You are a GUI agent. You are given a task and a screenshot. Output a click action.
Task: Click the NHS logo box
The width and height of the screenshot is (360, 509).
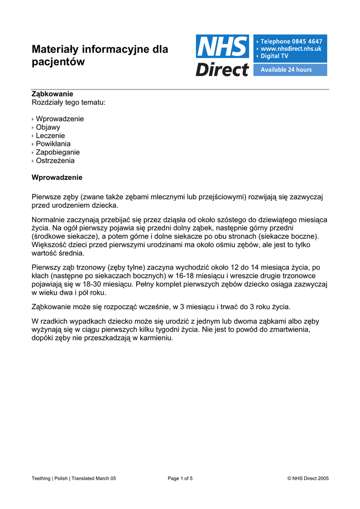click(x=222, y=46)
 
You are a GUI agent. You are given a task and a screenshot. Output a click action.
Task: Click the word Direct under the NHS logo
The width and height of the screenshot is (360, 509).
click(x=222, y=69)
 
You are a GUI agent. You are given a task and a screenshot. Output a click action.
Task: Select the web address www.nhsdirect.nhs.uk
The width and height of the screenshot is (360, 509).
click(x=291, y=49)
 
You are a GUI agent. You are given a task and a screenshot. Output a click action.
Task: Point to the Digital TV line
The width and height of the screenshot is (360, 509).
click(x=275, y=56)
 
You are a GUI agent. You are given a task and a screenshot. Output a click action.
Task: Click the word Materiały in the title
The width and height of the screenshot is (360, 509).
click(x=58, y=49)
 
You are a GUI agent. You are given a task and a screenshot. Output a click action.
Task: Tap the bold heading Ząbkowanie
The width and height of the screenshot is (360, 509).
click(x=52, y=94)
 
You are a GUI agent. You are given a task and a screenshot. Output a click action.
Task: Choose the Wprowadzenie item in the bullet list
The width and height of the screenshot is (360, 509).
click(x=60, y=119)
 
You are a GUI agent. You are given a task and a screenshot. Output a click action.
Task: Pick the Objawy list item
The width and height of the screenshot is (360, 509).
click(x=48, y=127)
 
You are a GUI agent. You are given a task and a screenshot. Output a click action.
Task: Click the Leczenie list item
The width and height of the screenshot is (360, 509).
click(x=50, y=136)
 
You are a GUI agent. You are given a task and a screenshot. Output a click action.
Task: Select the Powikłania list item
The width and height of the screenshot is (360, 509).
click(x=53, y=144)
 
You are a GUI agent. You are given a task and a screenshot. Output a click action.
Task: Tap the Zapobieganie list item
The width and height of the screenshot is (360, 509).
click(x=58, y=152)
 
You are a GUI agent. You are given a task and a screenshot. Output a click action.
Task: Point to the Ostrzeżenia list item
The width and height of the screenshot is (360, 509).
click(x=55, y=161)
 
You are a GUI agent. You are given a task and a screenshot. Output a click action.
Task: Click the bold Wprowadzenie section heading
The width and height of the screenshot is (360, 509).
click(x=57, y=177)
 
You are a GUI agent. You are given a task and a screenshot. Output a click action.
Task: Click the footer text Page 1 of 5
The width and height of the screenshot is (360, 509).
click(x=180, y=478)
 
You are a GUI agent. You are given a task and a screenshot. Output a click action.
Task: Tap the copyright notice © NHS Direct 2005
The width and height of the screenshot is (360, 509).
click(x=308, y=478)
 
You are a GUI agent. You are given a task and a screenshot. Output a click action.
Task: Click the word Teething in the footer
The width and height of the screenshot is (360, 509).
click(x=41, y=478)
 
